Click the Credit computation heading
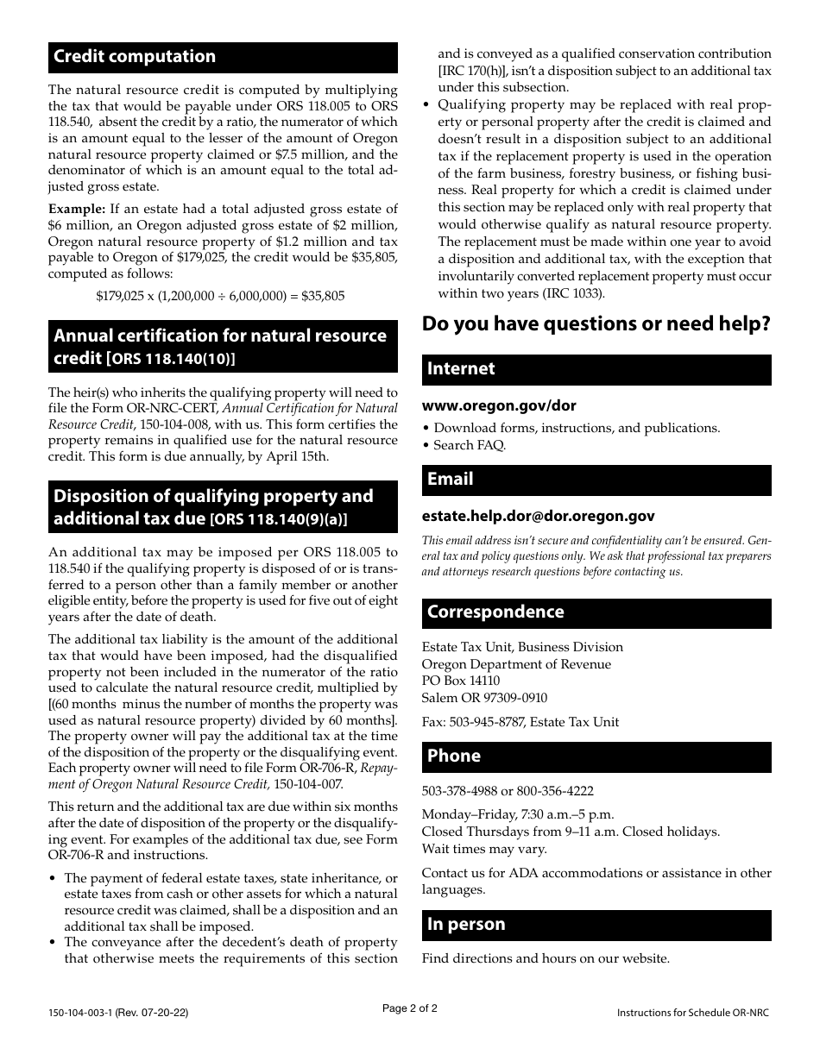point(135,57)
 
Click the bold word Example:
point(76,209)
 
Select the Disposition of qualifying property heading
point(213,507)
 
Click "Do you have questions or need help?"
point(596,324)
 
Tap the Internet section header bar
point(596,369)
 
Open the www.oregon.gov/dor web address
point(499,405)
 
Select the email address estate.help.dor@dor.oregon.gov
point(538,516)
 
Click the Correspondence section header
point(596,612)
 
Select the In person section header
point(596,925)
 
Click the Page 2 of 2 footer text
point(410,1008)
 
